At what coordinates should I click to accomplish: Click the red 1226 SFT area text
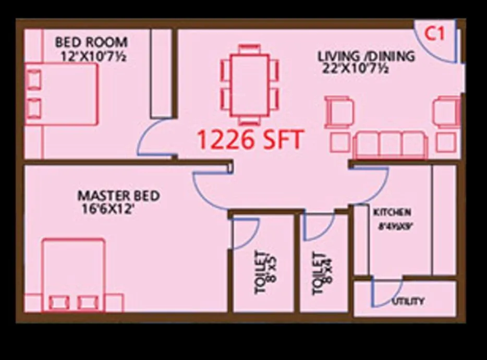(x=250, y=140)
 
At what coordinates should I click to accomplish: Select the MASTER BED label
(x=118, y=196)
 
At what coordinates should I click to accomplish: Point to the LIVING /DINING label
(x=367, y=56)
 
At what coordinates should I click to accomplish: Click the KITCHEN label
(x=392, y=212)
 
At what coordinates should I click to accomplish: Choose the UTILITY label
(x=408, y=301)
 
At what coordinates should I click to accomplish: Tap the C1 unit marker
(x=434, y=34)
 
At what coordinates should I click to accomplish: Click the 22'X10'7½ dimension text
(x=355, y=68)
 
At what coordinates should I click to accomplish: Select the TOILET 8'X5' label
(x=265, y=272)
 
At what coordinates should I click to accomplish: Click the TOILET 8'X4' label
(x=322, y=273)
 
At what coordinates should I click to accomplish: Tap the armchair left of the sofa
(x=339, y=112)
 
